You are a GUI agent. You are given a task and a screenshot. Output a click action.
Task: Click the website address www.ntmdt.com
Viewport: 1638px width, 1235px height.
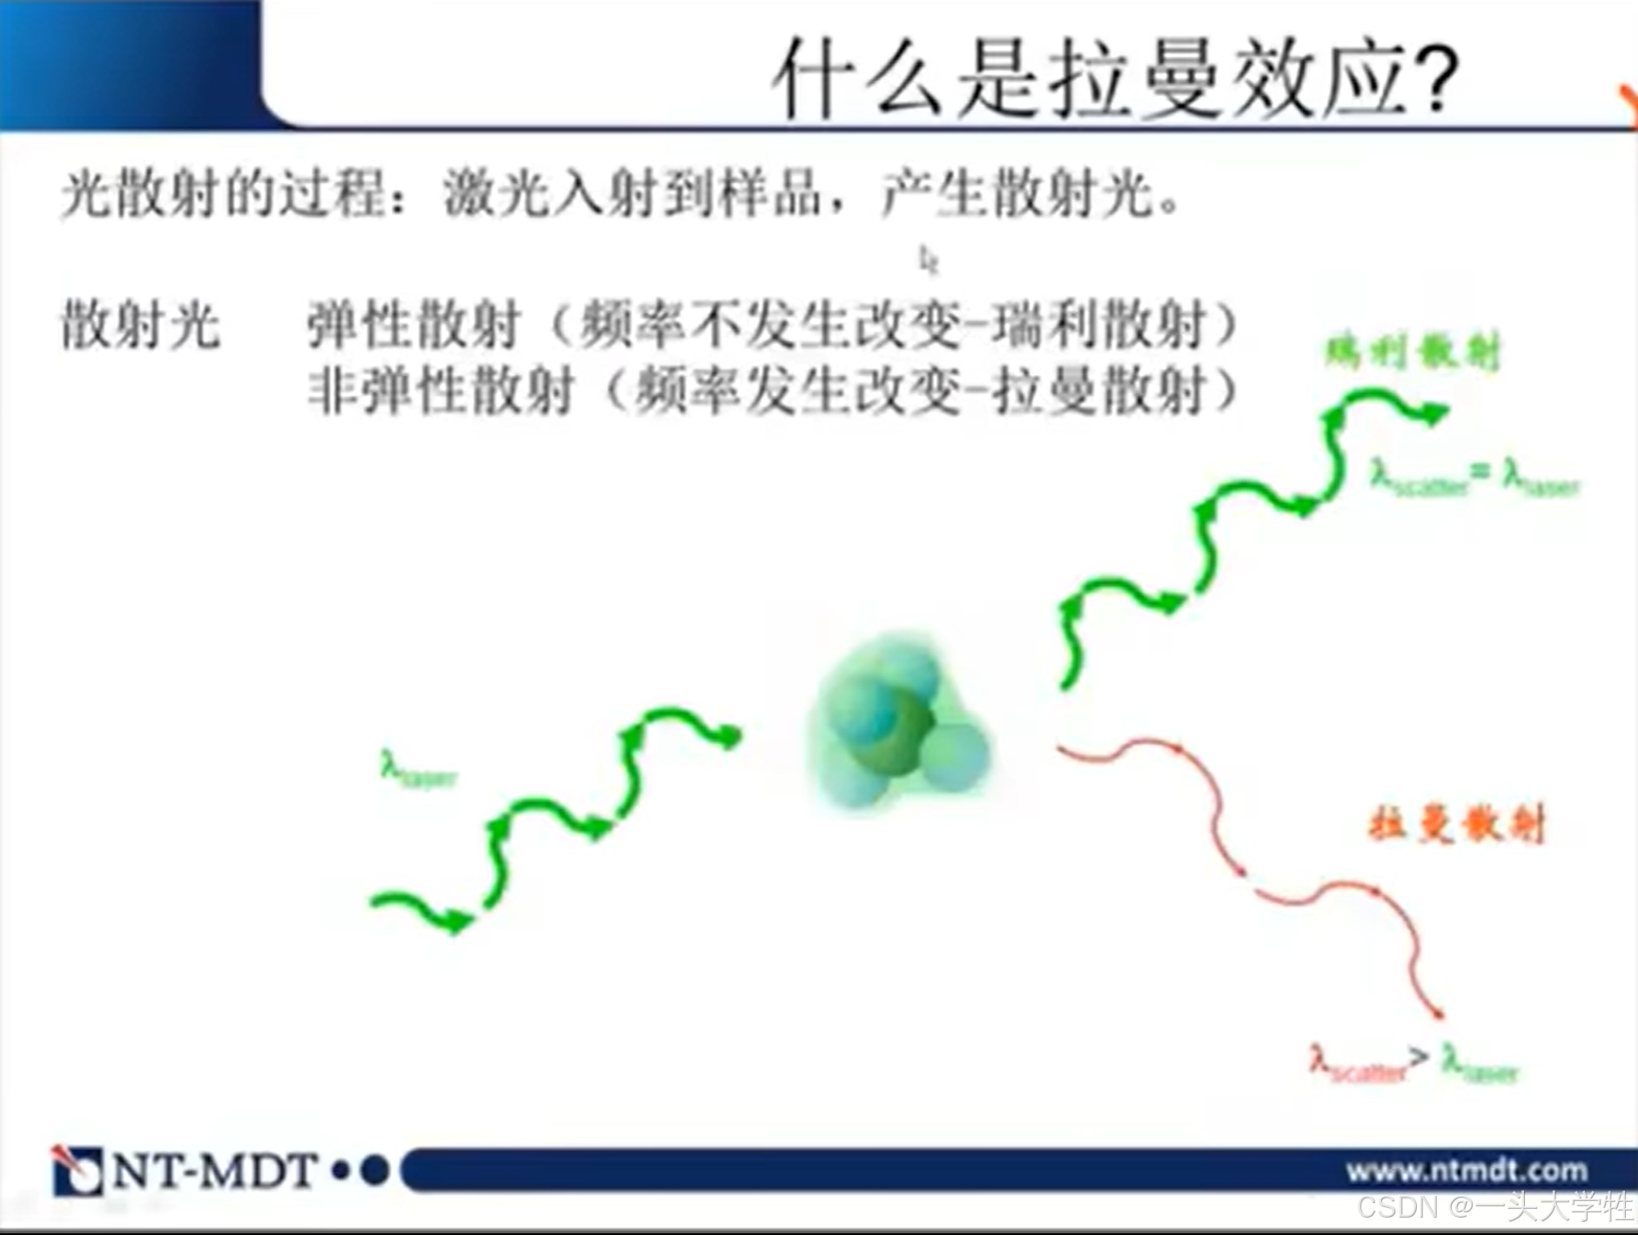point(1467,1170)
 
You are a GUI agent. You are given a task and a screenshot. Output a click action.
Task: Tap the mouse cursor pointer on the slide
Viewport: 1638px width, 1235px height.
point(928,258)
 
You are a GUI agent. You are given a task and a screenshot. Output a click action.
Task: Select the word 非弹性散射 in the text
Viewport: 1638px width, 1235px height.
point(440,389)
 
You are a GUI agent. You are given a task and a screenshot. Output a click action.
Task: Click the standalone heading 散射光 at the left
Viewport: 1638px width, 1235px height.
point(139,326)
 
